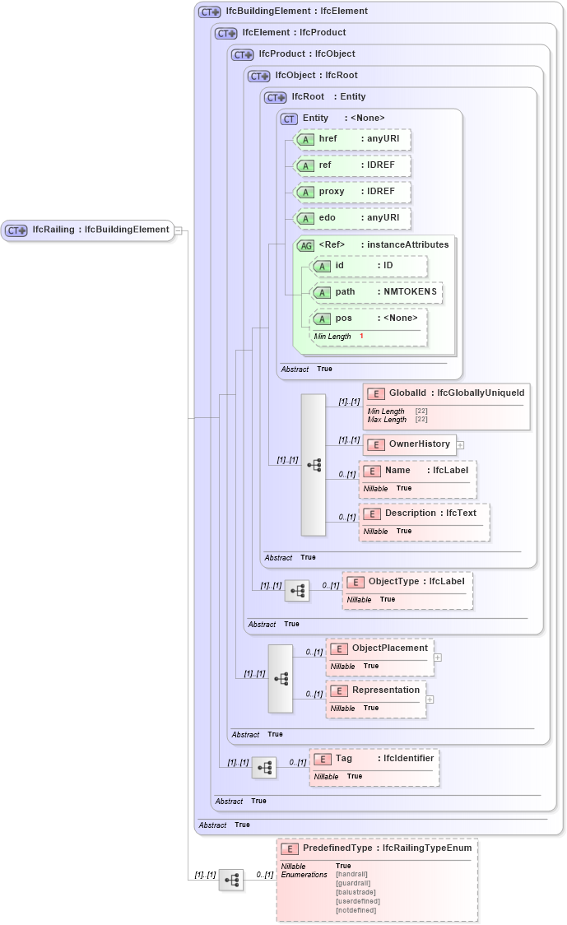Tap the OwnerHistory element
409,444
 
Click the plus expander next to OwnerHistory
460,445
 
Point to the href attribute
352,139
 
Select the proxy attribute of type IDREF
352,192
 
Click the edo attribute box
352,218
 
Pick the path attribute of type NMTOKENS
376,292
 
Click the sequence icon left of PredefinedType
231,881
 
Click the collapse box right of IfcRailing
178,230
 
